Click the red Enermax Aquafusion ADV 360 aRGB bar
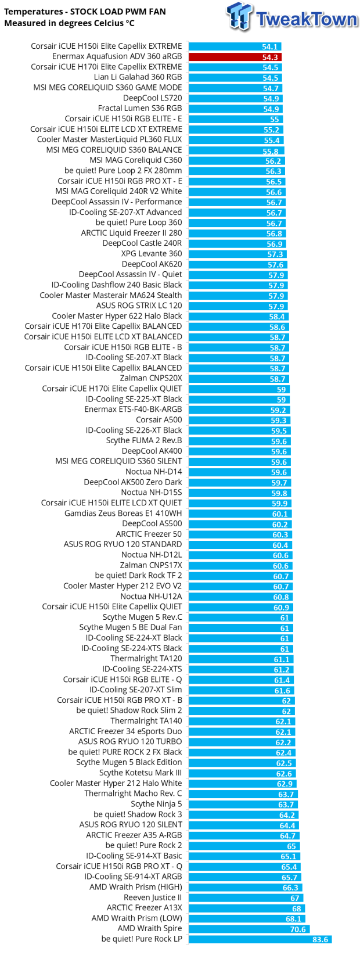click(235, 57)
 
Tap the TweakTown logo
click(292, 17)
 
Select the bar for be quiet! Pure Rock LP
click(260, 939)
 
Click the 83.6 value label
click(320, 939)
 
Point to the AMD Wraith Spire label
click(150, 928)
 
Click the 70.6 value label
click(298, 929)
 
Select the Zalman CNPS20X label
click(151, 378)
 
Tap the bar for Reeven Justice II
click(245, 897)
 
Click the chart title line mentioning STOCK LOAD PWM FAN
click(85, 12)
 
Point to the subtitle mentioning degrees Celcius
click(69, 23)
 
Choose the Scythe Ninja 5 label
click(156, 804)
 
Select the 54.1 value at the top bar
click(269, 46)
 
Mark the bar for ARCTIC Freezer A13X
click(246, 908)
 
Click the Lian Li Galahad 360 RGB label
click(138, 77)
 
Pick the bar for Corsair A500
click(239, 420)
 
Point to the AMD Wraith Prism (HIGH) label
click(136, 887)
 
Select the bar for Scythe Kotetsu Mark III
click(241, 773)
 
